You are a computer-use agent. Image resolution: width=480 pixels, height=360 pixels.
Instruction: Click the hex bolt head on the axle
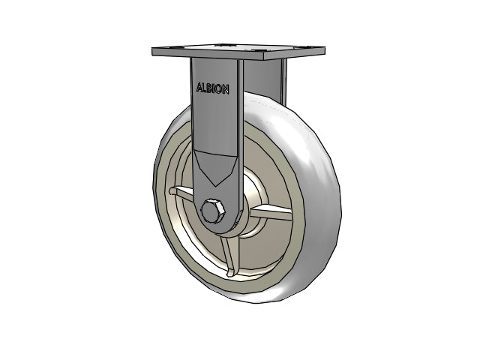pos(211,211)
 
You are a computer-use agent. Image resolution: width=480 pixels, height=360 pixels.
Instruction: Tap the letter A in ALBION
pos(200,87)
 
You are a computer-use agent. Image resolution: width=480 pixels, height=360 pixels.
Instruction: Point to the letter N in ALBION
pos(225,90)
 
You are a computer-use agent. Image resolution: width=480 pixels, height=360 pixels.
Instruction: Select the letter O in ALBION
pos(218,89)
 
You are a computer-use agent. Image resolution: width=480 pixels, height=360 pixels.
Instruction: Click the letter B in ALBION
pos(209,88)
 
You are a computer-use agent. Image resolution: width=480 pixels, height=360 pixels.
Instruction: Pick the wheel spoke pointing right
pos(271,211)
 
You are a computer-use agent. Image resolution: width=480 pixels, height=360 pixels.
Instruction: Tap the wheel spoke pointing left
pos(181,193)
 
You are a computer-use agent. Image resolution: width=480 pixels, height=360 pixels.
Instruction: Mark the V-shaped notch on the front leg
pos(216,166)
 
